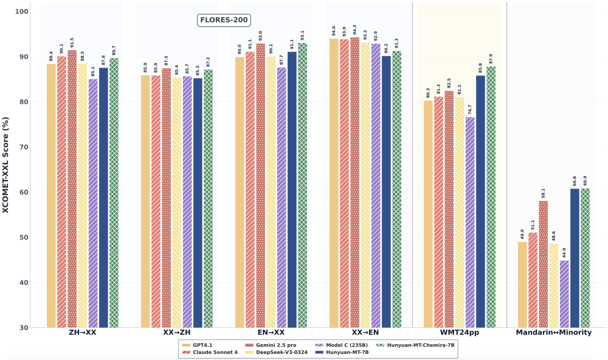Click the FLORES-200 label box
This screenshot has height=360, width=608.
tap(223, 20)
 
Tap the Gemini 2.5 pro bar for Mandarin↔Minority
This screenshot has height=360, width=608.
tap(543, 265)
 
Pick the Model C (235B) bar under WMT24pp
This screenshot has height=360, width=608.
tap(470, 223)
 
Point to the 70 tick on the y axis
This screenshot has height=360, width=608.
tap(22, 147)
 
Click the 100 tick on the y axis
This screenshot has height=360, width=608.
tap(20, 12)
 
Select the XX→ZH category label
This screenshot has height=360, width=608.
tap(177, 333)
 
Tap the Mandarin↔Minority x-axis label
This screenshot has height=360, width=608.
tap(553, 333)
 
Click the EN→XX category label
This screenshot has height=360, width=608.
tap(271, 333)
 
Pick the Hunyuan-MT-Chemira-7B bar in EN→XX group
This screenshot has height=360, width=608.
tap(302, 185)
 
